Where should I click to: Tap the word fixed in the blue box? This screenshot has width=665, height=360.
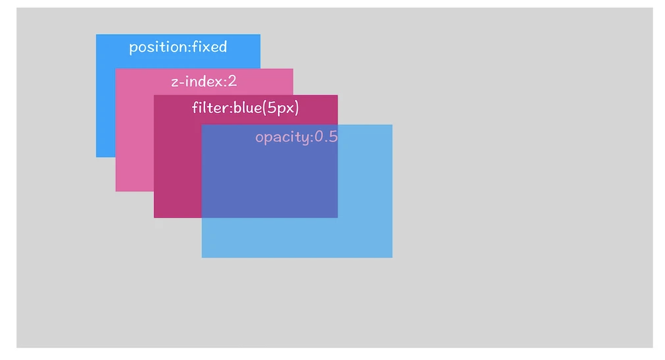click(x=210, y=46)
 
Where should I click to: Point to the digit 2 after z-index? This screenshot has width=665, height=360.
click(x=232, y=81)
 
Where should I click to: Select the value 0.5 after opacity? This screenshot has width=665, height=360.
click(x=326, y=136)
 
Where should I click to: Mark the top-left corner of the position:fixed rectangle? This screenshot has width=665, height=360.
click(x=96, y=35)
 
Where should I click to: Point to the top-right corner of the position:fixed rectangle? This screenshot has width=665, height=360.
click(x=260, y=35)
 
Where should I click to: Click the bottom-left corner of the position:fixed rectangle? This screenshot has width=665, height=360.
click(x=96, y=157)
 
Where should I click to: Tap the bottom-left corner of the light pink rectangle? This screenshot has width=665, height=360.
click(x=116, y=191)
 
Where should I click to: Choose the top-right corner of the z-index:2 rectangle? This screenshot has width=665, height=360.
click(x=292, y=69)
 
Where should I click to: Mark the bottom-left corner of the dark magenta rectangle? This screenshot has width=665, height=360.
click(x=154, y=217)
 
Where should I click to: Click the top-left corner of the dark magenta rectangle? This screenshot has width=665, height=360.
click(x=154, y=96)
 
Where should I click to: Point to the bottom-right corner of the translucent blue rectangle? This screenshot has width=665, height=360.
click(x=392, y=257)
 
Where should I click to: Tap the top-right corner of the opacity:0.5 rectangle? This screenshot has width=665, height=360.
click(x=392, y=125)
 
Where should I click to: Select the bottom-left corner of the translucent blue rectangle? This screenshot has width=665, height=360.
click(x=202, y=257)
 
